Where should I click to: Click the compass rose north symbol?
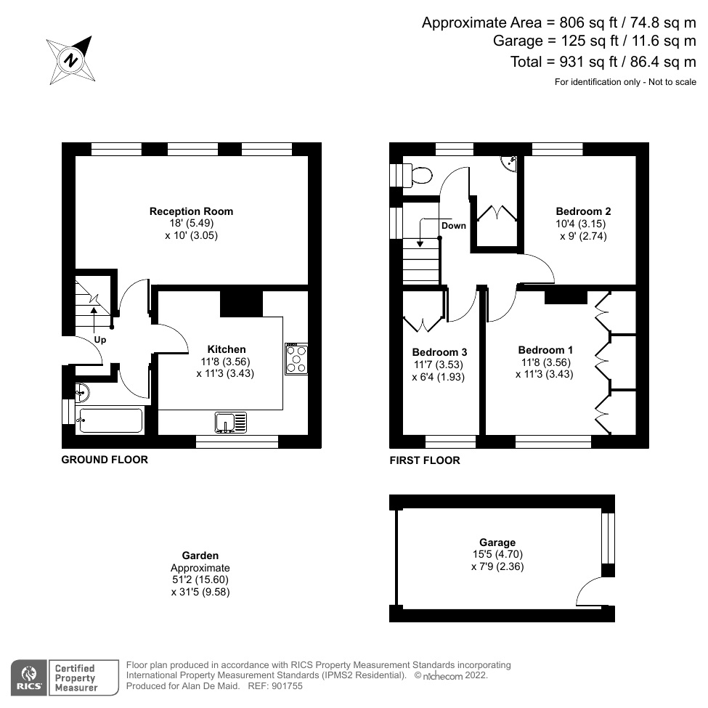coord(71,60)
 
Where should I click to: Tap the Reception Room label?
coord(191,211)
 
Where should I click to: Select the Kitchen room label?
coord(226,349)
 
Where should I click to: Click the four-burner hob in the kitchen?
coord(296,359)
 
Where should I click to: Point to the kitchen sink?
coord(231,422)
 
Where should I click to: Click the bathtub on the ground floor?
coord(110,420)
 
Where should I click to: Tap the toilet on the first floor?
coord(418,175)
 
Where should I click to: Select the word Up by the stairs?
coord(100,339)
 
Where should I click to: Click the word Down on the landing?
coord(454,225)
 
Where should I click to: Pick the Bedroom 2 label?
coord(583,211)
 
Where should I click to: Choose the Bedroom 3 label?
coord(434,352)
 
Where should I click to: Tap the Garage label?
coord(497,542)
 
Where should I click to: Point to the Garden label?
coord(200,556)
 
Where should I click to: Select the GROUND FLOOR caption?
coord(105,460)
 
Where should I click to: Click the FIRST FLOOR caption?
coord(425,460)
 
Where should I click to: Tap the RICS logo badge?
coord(29,677)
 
